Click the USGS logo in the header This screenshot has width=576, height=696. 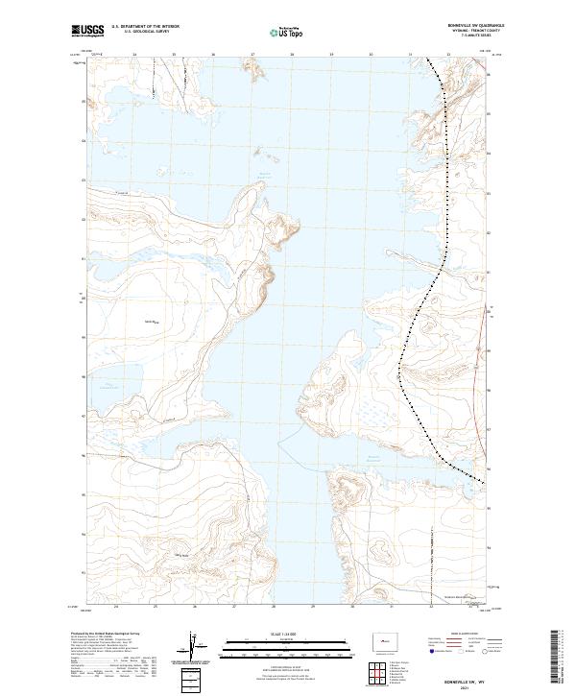tap(87, 31)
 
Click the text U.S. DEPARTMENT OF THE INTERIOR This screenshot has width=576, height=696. tap(145, 27)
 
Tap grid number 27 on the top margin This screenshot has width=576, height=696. tap(252, 56)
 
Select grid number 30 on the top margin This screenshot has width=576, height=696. tap(371, 56)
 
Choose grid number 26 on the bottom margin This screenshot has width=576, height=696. tap(195, 607)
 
